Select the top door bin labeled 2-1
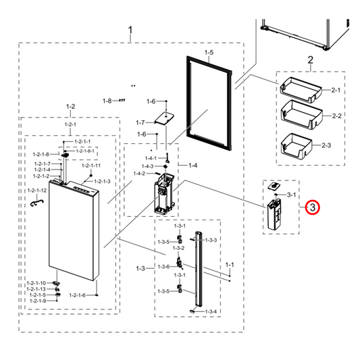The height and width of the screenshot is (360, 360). pos(301,88)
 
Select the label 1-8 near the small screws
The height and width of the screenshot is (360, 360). pos(107,101)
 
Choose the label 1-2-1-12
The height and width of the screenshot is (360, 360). pos(36,191)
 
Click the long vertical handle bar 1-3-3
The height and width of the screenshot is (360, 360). pos(198,270)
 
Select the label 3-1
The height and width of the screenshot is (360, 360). pos(292,195)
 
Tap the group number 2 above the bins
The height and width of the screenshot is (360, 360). pos(310,61)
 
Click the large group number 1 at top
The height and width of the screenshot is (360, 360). pos(130,30)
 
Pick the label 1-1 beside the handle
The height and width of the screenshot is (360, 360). pos(229,264)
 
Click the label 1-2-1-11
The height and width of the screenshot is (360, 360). pos(91,165)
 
